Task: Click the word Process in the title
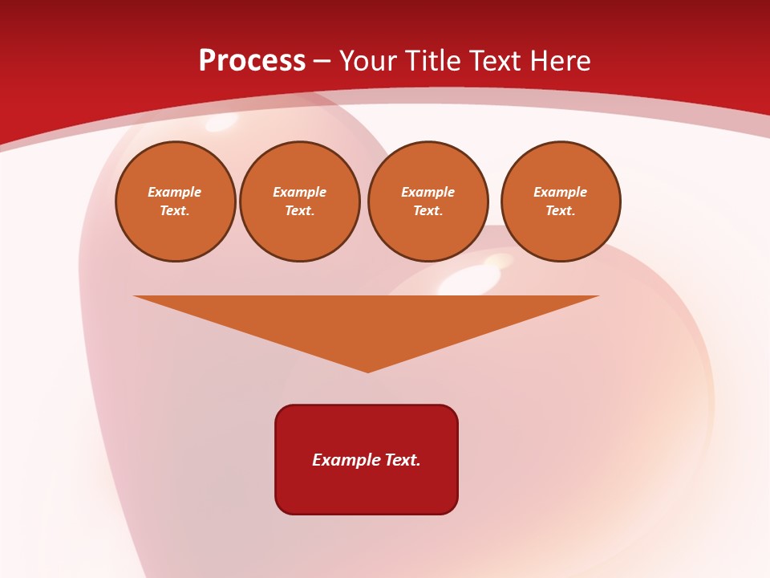click(x=252, y=61)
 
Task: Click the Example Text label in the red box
click(x=367, y=460)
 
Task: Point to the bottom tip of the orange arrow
click(x=367, y=371)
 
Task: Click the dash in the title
click(x=322, y=62)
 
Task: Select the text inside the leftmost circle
click(x=175, y=201)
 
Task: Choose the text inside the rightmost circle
click(x=561, y=201)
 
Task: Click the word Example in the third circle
click(x=428, y=192)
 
